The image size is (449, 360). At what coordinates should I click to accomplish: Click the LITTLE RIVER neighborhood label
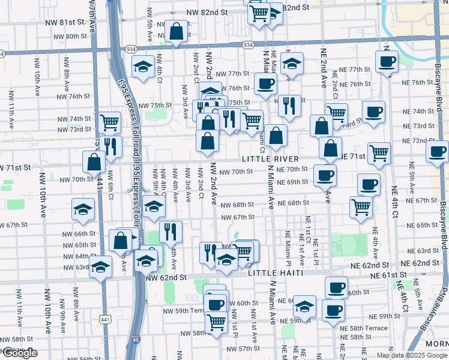point(270,159)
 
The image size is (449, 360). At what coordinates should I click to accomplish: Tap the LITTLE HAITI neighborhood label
point(274,273)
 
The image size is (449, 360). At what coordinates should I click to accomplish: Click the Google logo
point(19,353)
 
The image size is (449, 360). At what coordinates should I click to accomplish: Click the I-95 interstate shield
point(136,340)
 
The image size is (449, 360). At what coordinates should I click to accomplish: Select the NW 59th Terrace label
point(182,311)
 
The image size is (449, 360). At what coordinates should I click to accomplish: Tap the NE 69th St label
point(294,182)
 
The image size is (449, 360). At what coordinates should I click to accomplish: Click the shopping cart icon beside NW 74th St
point(110,122)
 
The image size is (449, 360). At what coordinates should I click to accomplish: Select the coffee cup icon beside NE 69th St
point(325,175)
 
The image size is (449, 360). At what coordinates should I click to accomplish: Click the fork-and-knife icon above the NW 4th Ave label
point(171,231)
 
